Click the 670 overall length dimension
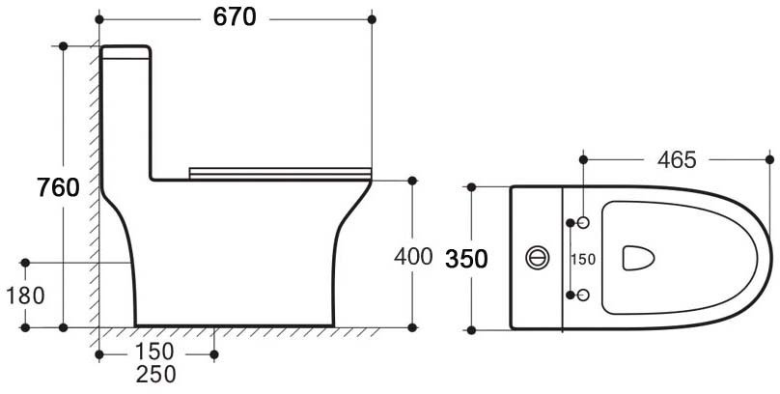235,17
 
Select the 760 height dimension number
58,187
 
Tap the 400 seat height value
413,257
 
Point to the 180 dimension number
25,296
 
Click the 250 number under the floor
156,374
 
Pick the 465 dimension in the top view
677,159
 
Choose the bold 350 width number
466,259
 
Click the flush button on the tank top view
538,258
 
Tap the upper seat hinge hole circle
583,223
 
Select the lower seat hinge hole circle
583,295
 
